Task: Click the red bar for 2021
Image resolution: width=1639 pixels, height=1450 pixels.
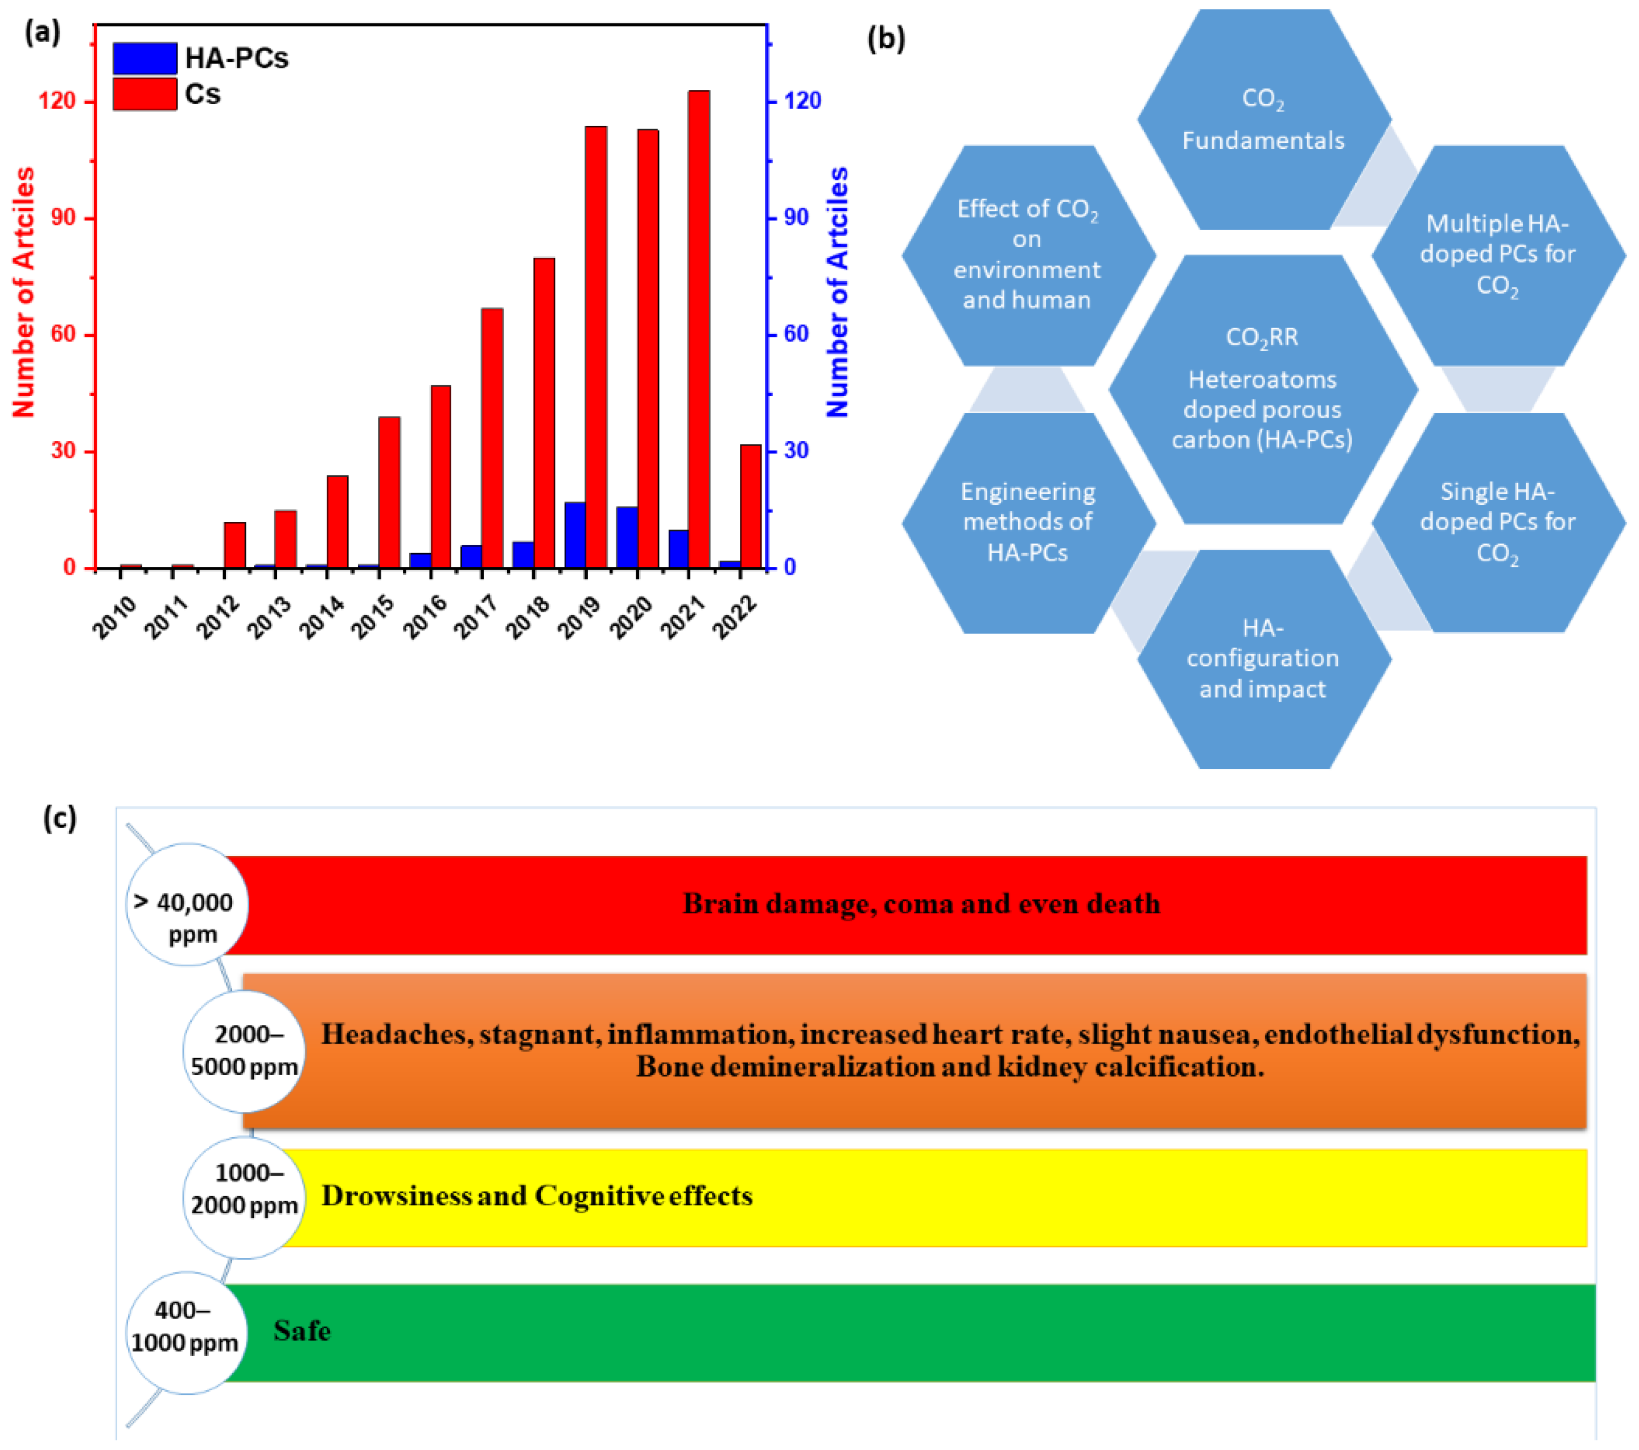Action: tap(698, 329)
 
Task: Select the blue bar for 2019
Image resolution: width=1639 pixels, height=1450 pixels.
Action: tap(575, 535)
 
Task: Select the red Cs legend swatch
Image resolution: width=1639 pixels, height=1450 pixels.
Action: tap(145, 94)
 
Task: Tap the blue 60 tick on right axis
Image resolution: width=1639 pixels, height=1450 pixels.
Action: tap(796, 335)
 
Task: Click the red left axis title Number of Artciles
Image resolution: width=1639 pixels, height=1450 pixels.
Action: tap(24, 292)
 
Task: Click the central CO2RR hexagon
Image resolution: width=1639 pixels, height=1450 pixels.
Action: tap(1262, 389)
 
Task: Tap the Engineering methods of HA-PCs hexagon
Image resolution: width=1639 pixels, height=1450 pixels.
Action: tap(1027, 522)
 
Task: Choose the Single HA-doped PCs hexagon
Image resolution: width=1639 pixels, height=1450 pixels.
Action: tap(1497, 522)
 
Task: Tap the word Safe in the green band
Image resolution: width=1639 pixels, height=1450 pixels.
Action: tap(302, 1330)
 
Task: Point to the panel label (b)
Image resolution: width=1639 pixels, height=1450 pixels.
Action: tap(886, 38)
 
